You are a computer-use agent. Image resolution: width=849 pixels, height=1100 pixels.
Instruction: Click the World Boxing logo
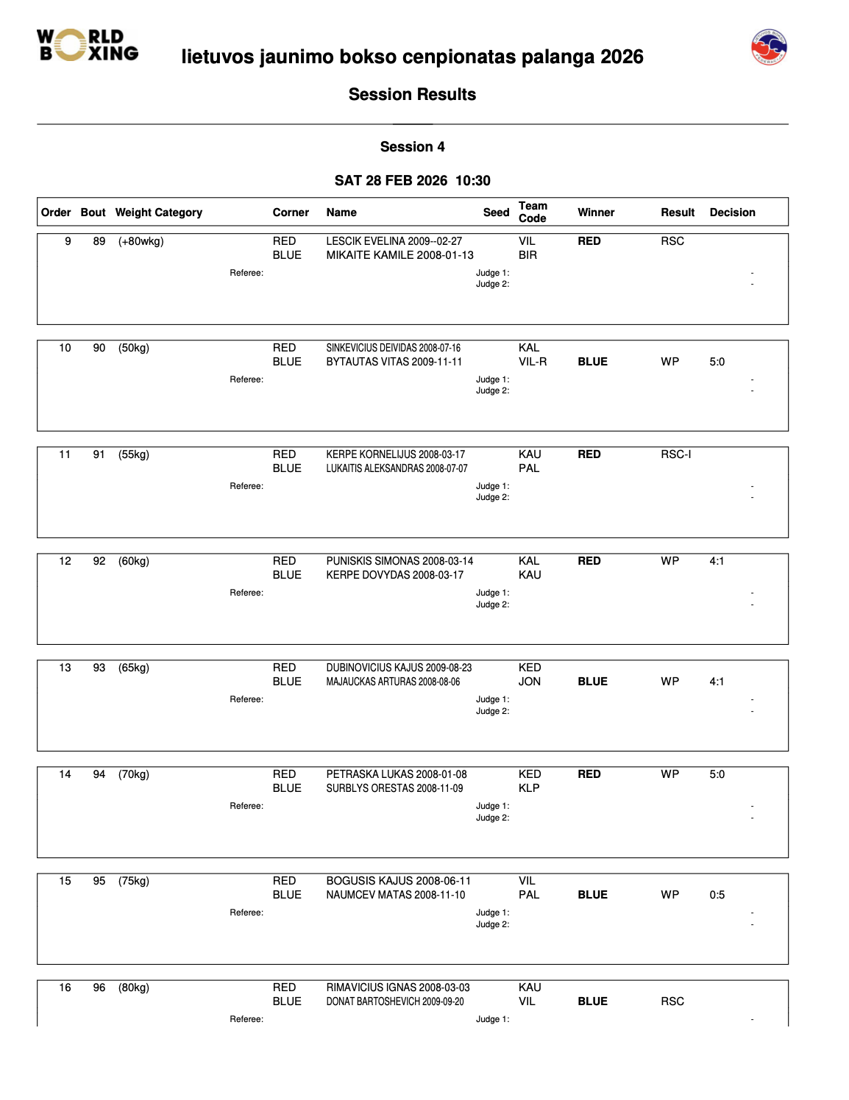tap(88, 45)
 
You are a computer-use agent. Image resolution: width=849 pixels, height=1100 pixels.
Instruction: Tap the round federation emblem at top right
tap(769, 47)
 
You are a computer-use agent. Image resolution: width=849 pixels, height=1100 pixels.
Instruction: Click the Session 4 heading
tap(412, 147)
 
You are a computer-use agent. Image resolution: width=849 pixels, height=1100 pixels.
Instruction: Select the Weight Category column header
tap(158, 213)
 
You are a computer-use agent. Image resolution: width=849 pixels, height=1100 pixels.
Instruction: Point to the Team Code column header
tap(533, 212)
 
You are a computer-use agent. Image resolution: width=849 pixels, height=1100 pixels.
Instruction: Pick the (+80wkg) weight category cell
tap(141, 241)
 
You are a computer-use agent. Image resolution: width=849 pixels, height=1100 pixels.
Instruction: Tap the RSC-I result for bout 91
tap(675, 454)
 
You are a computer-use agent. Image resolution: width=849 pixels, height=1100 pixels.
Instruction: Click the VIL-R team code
tap(533, 362)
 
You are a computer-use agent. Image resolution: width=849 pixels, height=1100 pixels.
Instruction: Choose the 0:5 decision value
tap(717, 895)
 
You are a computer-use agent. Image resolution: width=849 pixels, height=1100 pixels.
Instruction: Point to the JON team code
tap(530, 682)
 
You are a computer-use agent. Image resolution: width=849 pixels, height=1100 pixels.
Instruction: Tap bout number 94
tap(99, 774)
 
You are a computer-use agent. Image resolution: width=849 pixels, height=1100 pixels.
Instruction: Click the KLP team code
tap(529, 788)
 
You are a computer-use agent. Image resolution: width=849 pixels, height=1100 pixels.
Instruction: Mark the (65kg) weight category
tap(133, 668)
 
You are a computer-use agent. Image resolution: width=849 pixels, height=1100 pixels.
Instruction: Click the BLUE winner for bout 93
tap(592, 682)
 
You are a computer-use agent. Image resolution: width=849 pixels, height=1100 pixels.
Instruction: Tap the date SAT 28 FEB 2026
tap(391, 181)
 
